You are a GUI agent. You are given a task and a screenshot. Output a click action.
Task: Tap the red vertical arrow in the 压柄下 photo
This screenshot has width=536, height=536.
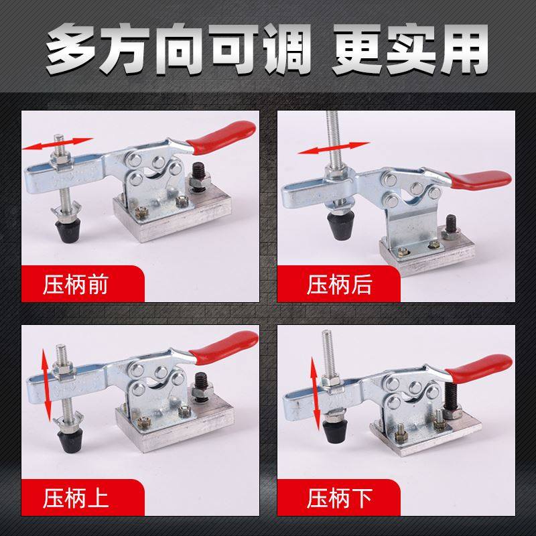(x=313, y=396)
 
